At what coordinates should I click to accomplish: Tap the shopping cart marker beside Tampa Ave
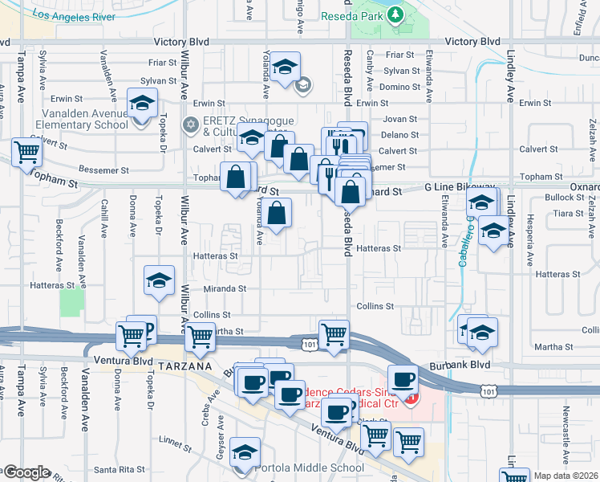[x=27, y=150]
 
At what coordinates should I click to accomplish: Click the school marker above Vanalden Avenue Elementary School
[x=142, y=104]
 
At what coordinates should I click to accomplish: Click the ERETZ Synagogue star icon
[x=191, y=125]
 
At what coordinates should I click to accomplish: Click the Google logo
[x=26, y=472]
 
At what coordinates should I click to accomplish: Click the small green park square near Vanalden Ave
[x=71, y=303]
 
